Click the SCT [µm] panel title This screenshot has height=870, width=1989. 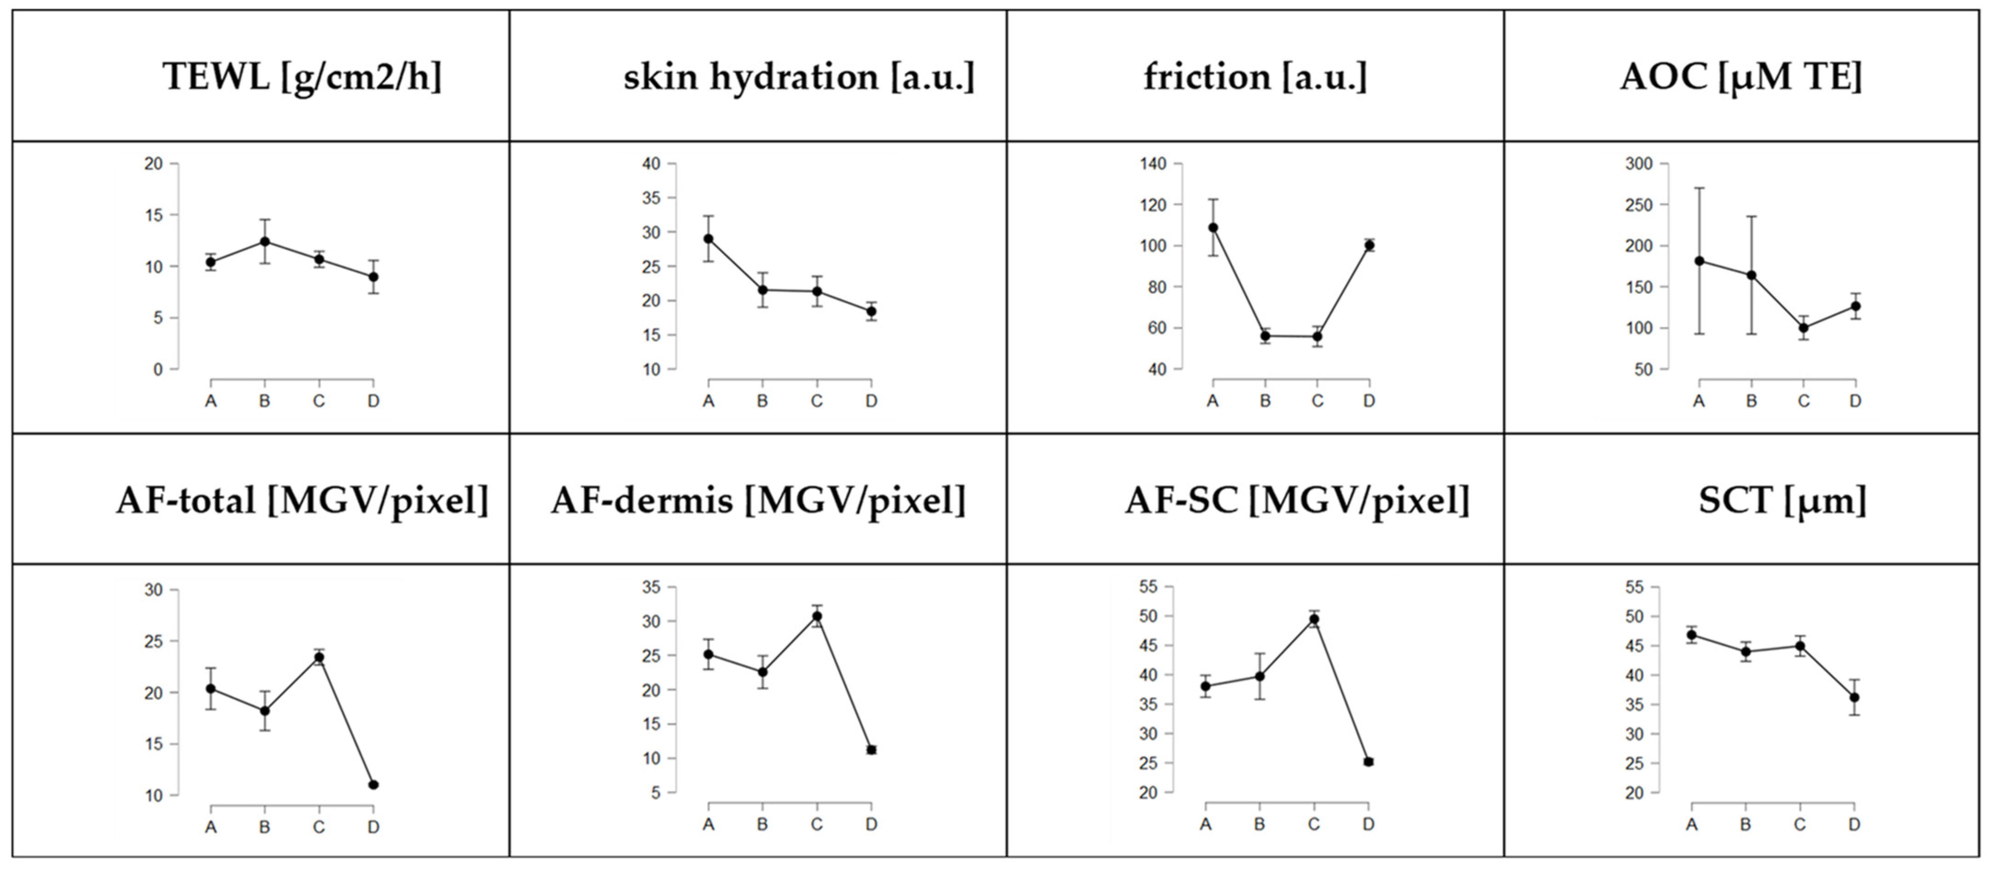pos(1782,501)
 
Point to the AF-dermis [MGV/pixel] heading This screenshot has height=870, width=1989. pos(758,501)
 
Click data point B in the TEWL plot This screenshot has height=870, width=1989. pos(265,241)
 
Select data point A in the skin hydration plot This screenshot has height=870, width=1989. pos(708,238)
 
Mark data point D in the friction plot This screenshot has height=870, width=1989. pos(1369,245)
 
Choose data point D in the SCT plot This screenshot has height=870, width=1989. pos(1854,697)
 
